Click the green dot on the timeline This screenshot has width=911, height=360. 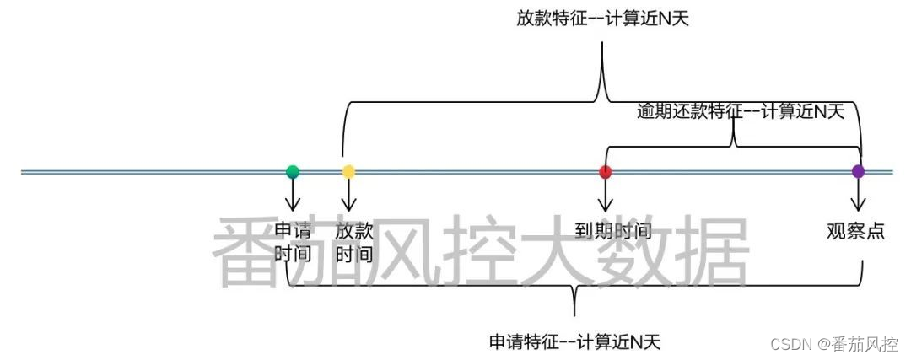pos(293,172)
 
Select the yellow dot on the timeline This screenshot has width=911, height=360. pos(348,172)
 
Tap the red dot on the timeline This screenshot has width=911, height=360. pos(605,172)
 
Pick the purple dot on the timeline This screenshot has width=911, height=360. pos(859,172)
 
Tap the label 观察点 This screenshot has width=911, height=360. pos(856,230)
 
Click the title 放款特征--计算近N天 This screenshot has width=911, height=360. pos(603,18)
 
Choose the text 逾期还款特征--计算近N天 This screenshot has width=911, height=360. pos(741,111)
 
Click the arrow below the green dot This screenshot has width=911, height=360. pos(293,196)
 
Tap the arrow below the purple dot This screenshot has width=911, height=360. pos(859,196)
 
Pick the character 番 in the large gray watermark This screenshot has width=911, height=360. pos(251,250)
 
